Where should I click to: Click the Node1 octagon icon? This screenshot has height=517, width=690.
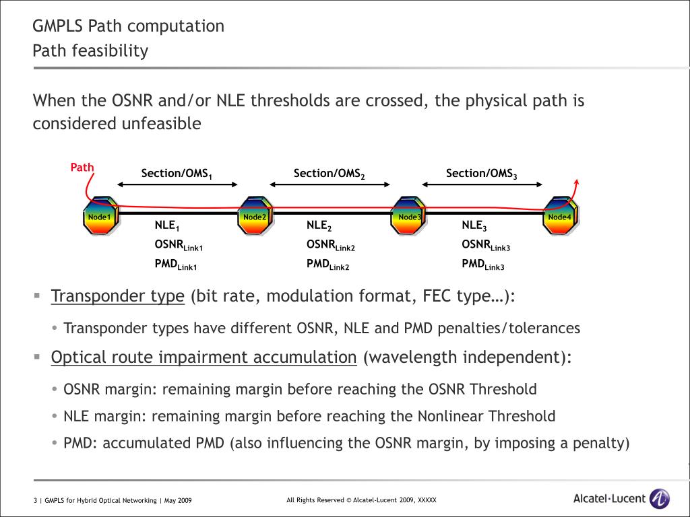click(x=100, y=216)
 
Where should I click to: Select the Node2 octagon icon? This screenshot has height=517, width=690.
click(x=255, y=216)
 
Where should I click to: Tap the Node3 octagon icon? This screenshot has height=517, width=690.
click(x=408, y=216)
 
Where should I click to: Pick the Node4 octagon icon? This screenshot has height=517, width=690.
click(x=559, y=216)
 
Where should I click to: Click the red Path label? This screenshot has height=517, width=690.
click(x=82, y=168)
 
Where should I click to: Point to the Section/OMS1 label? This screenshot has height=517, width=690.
click(x=177, y=174)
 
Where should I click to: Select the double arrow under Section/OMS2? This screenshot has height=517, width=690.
click(x=330, y=184)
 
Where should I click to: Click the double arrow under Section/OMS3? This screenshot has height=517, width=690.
click(x=482, y=184)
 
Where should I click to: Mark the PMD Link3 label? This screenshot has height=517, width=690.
click(x=482, y=265)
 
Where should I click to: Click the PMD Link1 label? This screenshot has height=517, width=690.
click(x=175, y=265)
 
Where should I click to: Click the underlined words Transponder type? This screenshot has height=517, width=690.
click(x=118, y=296)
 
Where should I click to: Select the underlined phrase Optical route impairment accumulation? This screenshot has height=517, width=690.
click(x=203, y=357)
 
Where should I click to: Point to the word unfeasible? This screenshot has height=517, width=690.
click(x=161, y=124)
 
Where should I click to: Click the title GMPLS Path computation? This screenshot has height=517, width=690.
click(x=129, y=26)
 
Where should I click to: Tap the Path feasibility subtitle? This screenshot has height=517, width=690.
click(x=90, y=50)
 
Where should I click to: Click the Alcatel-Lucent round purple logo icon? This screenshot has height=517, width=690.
click(x=659, y=499)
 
